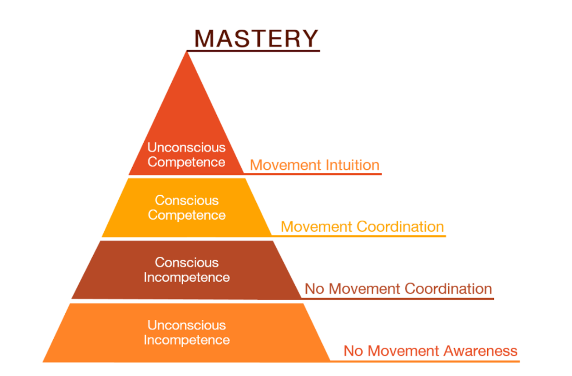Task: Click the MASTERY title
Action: click(x=256, y=38)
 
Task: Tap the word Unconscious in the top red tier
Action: click(x=187, y=147)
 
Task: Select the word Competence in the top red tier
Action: click(x=186, y=162)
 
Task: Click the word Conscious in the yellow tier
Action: click(x=187, y=200)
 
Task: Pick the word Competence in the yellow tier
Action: click(x=187, y=215)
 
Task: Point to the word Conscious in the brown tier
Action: click(x=187, y=263)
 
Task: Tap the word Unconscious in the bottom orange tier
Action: click(x=187, y=326)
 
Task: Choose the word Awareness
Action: click(x=480, y=351)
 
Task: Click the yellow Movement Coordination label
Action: click(x=363, y=227)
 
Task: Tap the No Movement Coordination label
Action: click(x=398, y=289)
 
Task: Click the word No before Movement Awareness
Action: click(x=353, y=351)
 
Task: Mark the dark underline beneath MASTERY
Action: click(x=253, y=51)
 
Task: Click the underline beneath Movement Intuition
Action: click(x=313, y=174)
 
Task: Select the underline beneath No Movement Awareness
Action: click(x=425, y=361)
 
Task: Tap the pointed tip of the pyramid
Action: click(x=187, y=52)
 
